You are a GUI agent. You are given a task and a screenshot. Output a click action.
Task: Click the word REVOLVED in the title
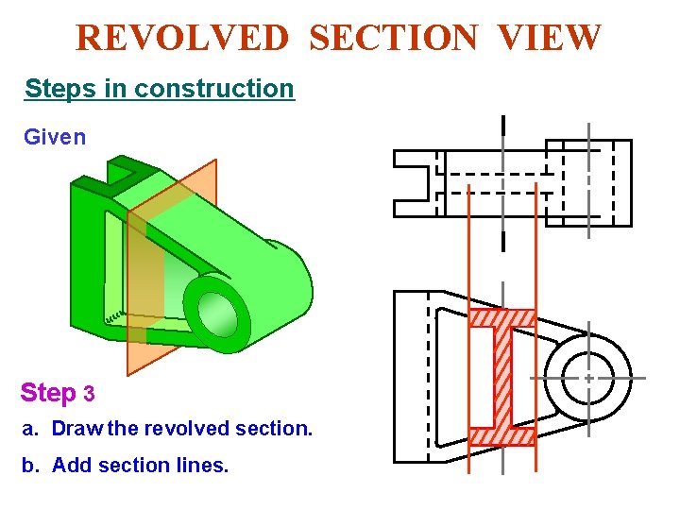tap(182, 38)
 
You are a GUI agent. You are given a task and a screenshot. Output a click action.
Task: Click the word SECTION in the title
tap(394, 38)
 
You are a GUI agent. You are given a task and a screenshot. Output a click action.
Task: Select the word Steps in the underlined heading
tap(54, 89)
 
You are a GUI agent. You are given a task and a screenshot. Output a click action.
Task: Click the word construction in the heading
tap(214, 89)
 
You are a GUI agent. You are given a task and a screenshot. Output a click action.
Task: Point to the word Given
tap(55, 137)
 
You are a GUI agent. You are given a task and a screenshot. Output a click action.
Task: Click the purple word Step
tap(48, 392)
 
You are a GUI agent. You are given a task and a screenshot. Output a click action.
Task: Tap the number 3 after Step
tap(90, 393)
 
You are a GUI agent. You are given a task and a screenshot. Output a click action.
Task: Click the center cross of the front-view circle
tap(588, 377)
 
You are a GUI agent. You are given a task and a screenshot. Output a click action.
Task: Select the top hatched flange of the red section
tap(502, 318)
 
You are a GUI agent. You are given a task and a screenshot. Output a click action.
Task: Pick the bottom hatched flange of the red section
tap(502, 436)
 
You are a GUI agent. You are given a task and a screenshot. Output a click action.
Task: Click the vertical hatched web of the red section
tap(502, 377)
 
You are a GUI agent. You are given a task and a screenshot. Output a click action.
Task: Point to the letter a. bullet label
tap(30, 429)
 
